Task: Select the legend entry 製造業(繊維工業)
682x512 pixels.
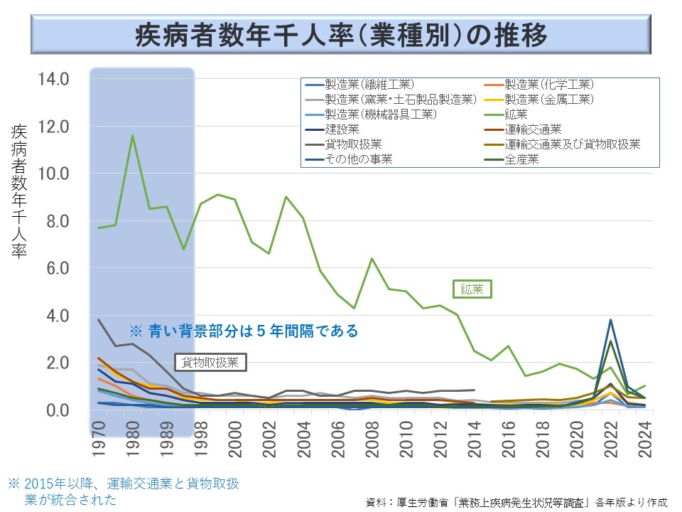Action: [369, 84]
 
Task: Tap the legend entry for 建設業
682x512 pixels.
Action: [342, 129]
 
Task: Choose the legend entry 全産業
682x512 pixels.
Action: [521, 159]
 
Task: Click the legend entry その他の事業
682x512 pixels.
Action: [359, 159]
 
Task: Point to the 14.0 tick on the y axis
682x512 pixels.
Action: [53, 79]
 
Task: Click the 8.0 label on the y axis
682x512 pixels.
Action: [53, 221]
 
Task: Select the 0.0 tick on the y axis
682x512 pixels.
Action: [53, 410]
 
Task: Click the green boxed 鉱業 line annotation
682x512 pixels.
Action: [472, 289]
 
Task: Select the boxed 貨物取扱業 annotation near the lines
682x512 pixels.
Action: [210, 362]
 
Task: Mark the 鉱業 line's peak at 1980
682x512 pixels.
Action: [132, 135]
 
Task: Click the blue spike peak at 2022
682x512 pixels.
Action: [610, 319]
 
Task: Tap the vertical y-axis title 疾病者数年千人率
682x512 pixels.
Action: [19, 192]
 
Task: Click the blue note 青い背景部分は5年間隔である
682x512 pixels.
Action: [244, 331]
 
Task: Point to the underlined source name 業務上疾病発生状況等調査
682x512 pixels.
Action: [525, 502]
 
